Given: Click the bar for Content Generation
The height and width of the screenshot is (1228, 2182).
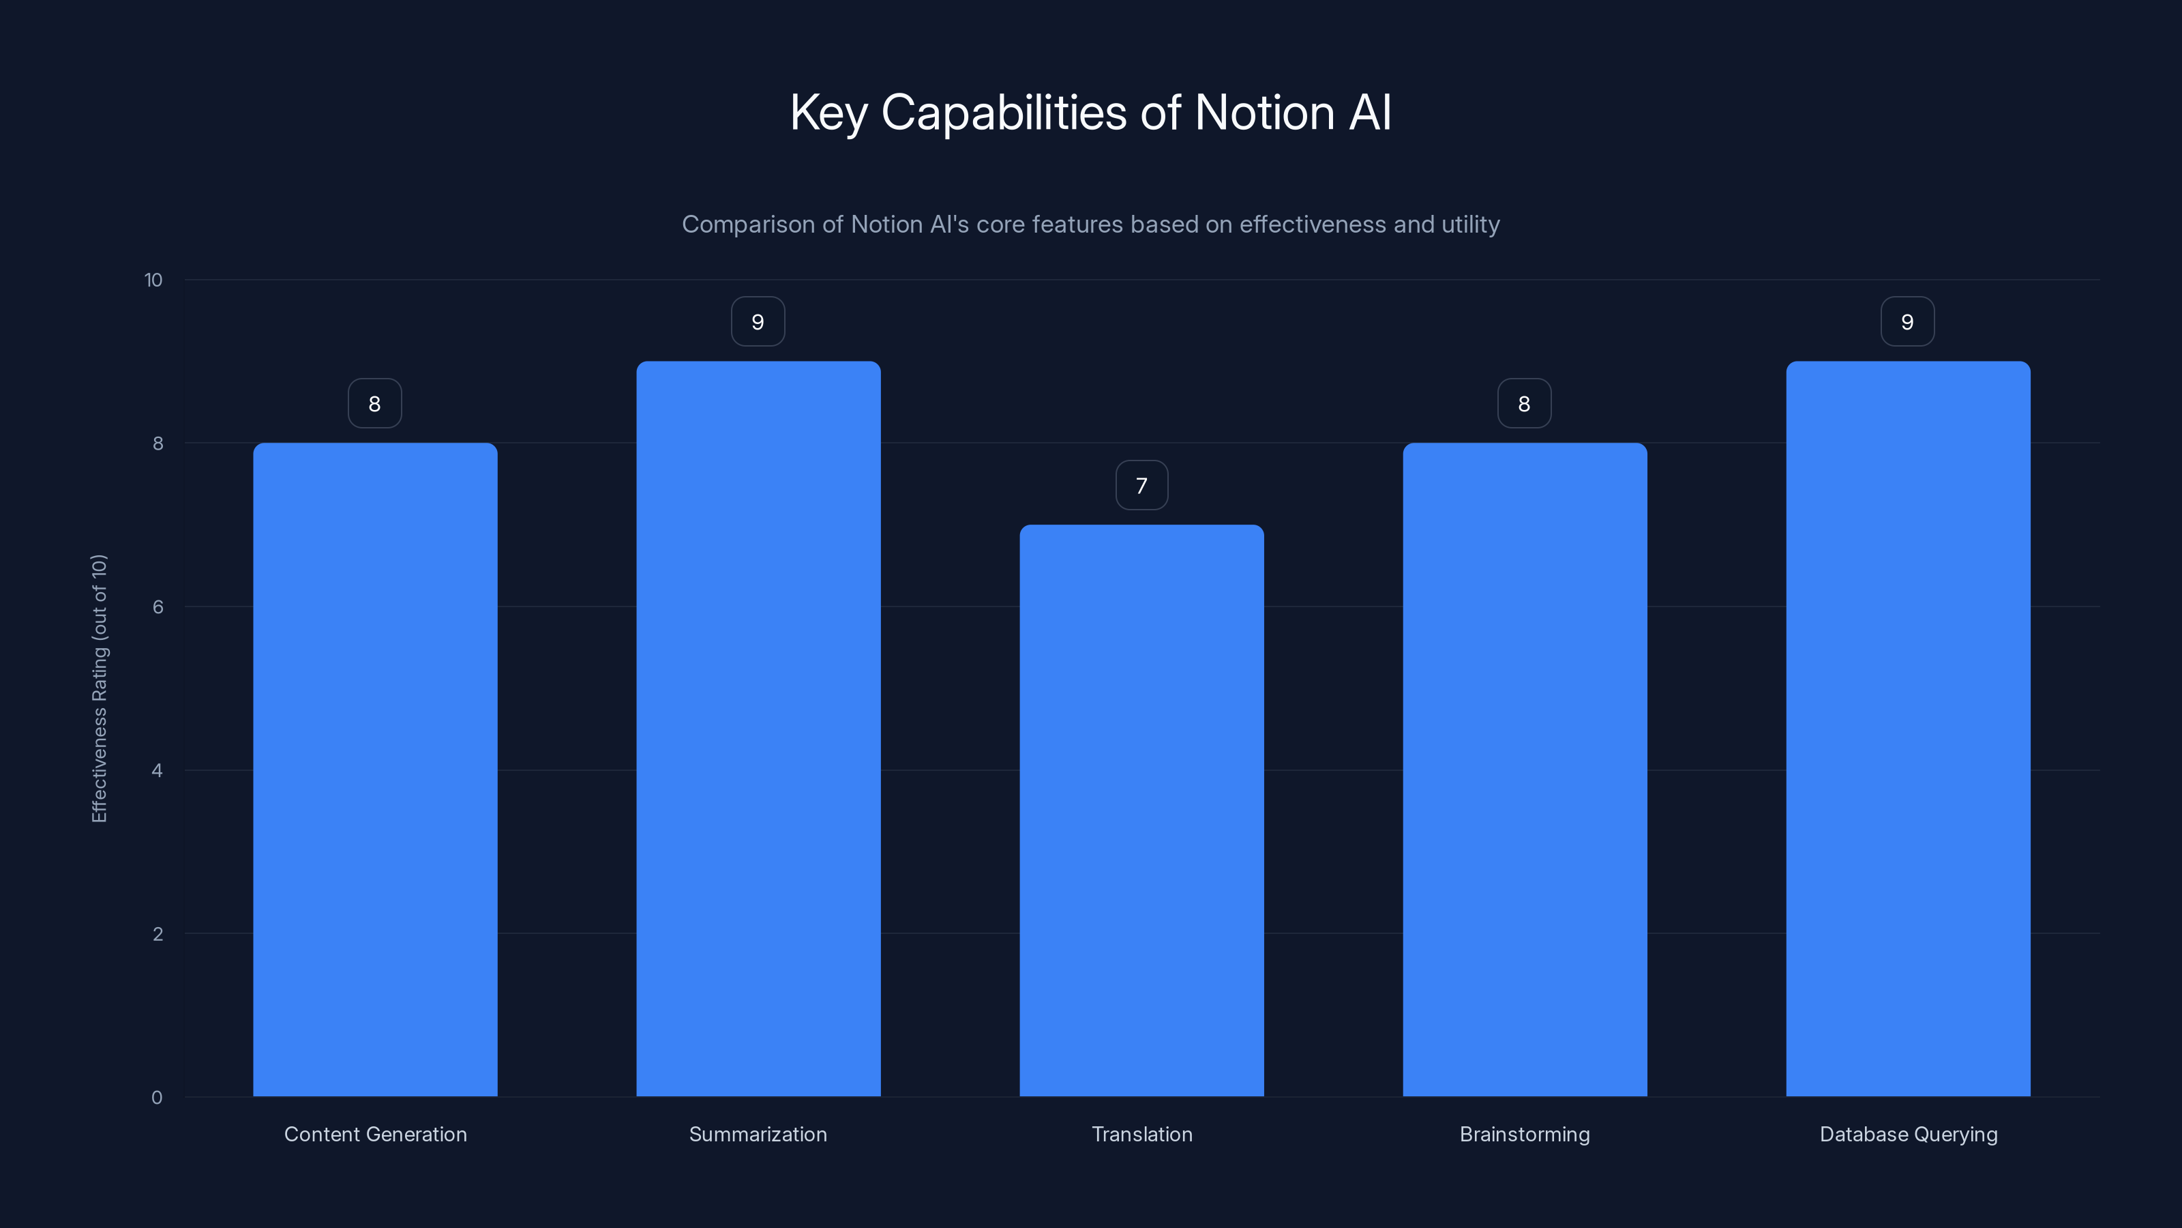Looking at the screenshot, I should tap(374, 770).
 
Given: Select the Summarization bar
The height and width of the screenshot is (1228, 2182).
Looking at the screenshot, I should tap(758, 729).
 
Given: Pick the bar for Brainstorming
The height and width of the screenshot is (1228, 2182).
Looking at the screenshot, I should tap(1525, 770).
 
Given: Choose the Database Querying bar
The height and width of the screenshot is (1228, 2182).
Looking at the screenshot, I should tap(1908, 729).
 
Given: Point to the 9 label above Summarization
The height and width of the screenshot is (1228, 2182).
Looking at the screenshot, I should tap(758, 322).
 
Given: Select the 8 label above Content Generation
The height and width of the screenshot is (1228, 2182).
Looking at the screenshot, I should tap(374, 405).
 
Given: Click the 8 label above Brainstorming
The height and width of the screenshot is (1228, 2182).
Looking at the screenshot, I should tap(1524, 405).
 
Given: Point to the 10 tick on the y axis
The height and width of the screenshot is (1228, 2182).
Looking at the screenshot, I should tap(153, 280).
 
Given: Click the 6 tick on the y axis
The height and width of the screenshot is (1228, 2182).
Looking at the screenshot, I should tap(158, 606).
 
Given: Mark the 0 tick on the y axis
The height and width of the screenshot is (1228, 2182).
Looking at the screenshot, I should tap(157, 1098).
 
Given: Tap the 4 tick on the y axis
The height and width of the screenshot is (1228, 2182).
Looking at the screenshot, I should tap(158, 770).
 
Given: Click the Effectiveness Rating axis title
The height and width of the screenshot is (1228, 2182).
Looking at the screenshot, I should tap(99, 688).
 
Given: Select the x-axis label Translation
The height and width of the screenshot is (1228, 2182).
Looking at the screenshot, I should tap(1142, 1134).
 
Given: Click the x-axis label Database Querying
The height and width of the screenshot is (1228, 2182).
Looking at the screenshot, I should tap(1908, 1134).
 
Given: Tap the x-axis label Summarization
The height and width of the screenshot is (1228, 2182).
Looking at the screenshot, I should tap(758, 1134).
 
